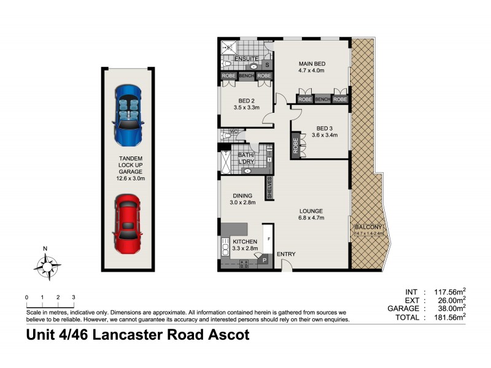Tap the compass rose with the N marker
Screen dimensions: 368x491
click(x=46, y=267)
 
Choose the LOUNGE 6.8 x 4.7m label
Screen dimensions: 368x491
click(x=311, y=214)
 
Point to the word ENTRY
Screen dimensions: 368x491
click(x=286, y=254)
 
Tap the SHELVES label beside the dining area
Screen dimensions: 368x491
click(x=269, y=186)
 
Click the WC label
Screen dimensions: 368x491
click(x=233, y=132)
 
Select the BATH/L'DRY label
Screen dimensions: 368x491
click(x=247, y=158)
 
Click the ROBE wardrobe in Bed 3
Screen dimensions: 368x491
click(x=295, y=147)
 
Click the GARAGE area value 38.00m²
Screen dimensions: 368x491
click(x=448, y=309)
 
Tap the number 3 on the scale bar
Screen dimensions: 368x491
click(x=73, y=297)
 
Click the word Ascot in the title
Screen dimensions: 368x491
click(x=226, y=335)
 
